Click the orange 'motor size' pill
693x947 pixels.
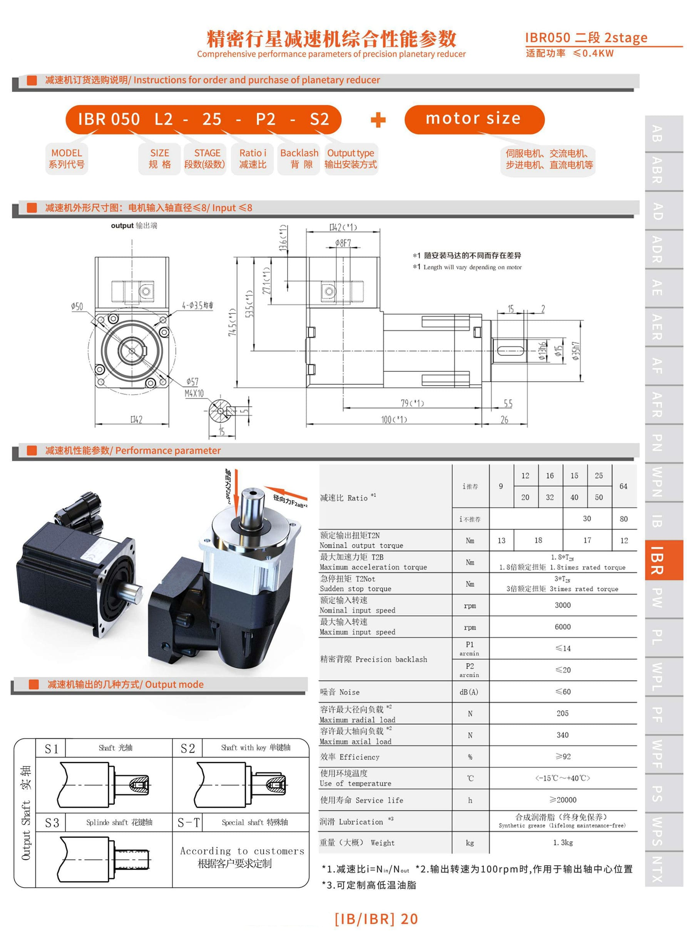click(474, 119)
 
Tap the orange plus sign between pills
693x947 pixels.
click(378, 120)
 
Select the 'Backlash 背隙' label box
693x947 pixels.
click(299, 159)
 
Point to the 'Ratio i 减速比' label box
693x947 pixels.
click(253, 159)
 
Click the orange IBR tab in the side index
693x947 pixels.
click(664, 560)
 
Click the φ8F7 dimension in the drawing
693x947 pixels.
click(343, 243)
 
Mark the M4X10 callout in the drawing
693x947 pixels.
click(194, 393)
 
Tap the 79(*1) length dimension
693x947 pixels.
click(412, 403)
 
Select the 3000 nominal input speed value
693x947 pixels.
click(562, 605)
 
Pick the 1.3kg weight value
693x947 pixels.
click(562, 843)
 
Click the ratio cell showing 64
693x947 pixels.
click(623, 486)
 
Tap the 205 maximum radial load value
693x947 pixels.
click(562, 713)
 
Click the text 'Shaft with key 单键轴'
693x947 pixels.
click(256, 747)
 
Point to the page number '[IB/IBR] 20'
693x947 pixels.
click(376, 919)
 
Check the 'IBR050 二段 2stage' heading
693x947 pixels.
click(586, 38)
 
